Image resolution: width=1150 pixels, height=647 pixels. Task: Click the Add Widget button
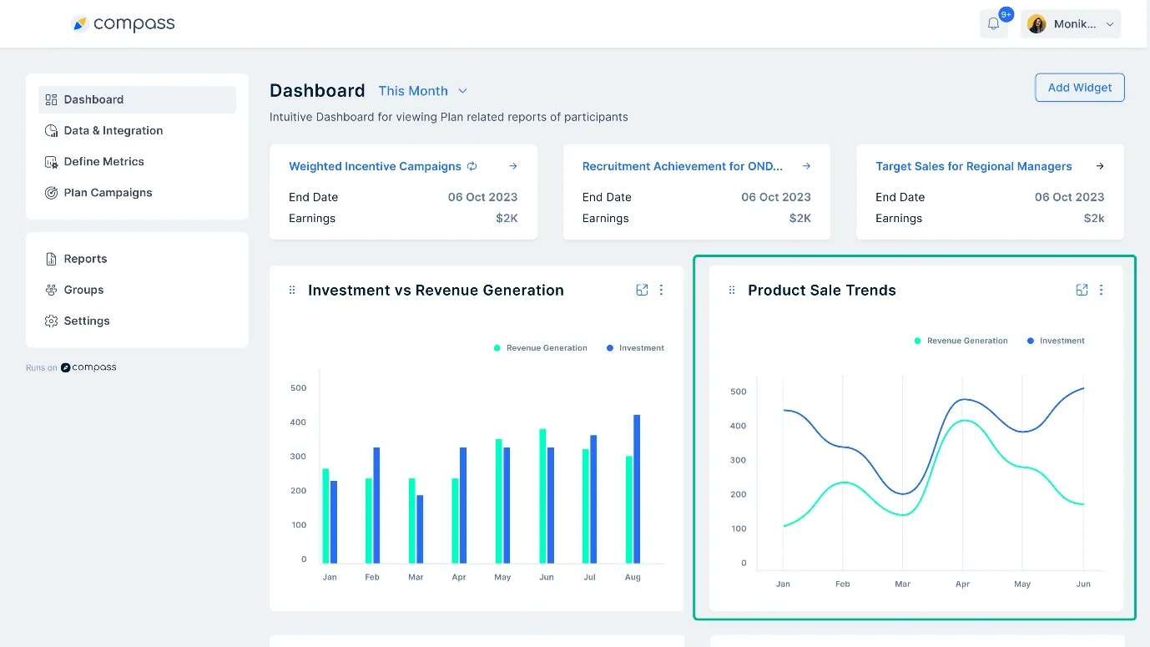click(1079, 88)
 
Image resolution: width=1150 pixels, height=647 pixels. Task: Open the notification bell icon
click(993, 24)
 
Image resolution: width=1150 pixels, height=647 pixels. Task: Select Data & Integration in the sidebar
click(113, 130)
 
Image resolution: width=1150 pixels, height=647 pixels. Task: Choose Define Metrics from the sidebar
click(103, 161)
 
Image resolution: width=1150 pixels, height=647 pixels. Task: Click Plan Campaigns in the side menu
click(108, 192)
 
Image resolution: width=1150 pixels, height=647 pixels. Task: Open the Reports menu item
click(85, 259)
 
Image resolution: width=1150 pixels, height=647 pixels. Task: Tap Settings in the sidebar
click(86, 321)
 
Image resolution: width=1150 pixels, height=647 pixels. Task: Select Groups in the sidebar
click(83, 290)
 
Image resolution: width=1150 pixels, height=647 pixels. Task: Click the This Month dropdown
click(422, 91)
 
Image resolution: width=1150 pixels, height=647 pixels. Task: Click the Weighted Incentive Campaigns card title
click(375, 166)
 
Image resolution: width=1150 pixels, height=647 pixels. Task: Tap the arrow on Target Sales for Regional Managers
click(1099, 166)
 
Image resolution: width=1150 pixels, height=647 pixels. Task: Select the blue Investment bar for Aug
click(637, 488)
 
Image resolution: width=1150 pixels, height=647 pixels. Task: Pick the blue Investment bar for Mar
click(420, 528)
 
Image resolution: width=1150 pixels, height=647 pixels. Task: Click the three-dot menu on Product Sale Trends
click(1101, 290)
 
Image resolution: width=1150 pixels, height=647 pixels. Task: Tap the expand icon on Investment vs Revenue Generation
click(642, 290)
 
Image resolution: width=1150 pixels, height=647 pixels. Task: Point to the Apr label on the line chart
click(962, 584)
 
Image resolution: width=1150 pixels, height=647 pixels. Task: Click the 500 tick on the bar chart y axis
click(298, 387)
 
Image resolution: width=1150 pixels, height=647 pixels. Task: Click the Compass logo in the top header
click(124, 24)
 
